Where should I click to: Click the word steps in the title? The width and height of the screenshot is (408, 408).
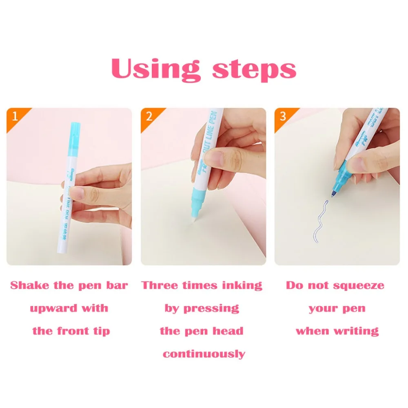254,69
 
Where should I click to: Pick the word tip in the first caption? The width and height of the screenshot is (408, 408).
101,331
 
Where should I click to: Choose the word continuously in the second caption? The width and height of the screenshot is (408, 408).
204,354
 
